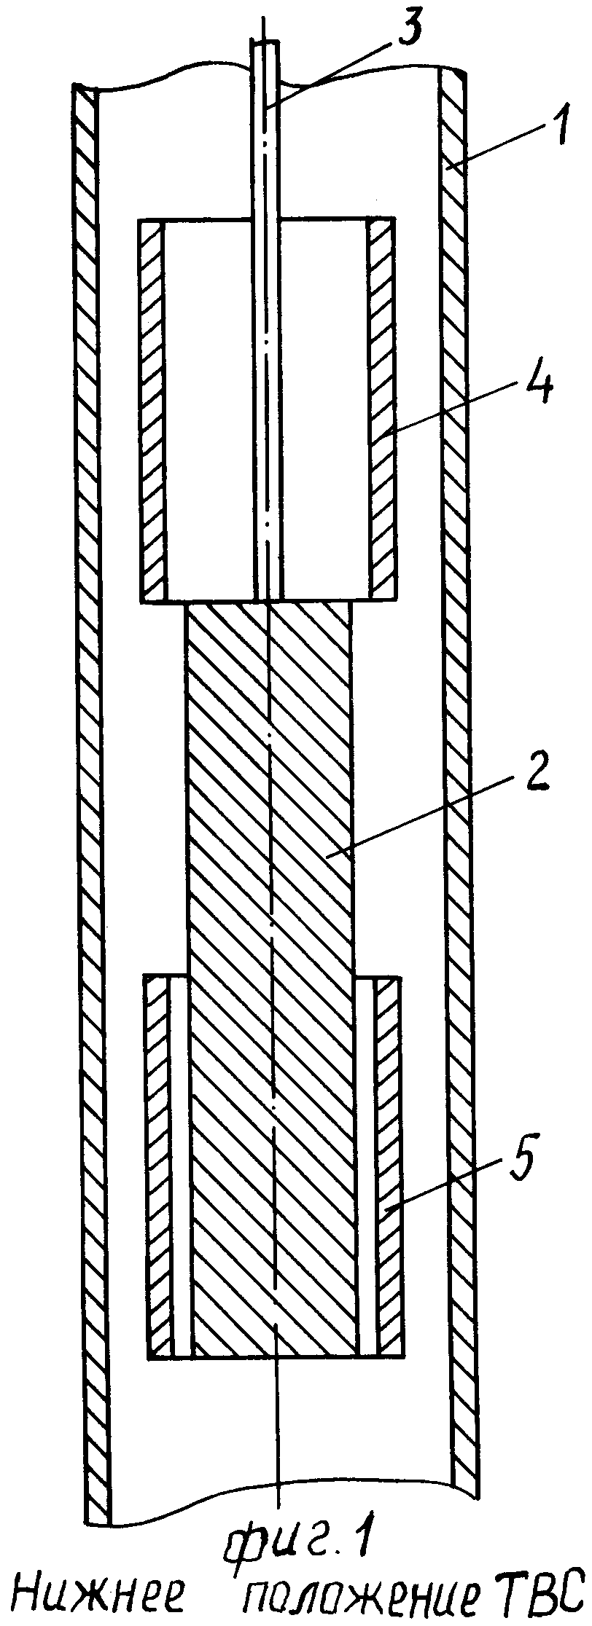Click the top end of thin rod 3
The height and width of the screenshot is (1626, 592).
[x=265, y=42]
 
